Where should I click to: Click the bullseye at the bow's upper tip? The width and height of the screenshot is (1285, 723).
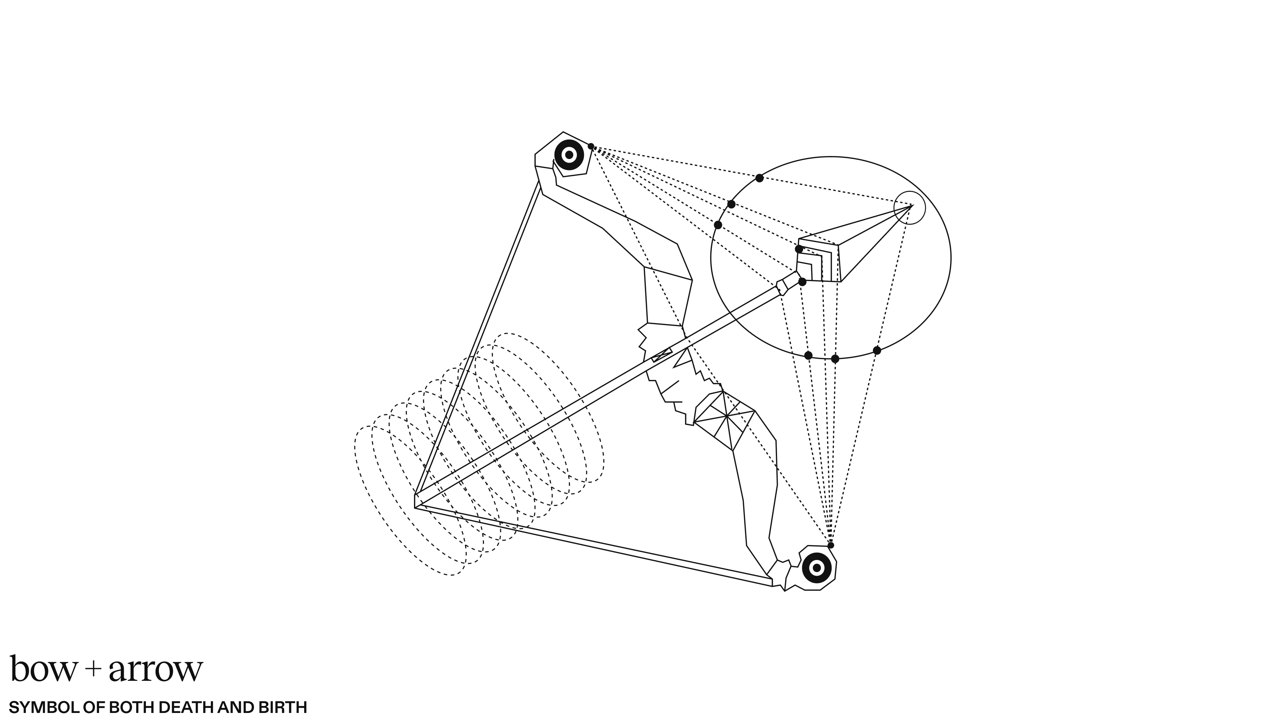569,155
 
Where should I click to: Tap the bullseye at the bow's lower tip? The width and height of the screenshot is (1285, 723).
817,567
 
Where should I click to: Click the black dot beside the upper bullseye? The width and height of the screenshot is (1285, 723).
591,146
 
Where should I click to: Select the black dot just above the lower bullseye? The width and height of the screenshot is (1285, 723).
831,545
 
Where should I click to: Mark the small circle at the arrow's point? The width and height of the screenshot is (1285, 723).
910,208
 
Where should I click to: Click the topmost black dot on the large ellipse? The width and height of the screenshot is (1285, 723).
759,178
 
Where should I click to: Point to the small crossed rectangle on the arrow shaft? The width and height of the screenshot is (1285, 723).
662,355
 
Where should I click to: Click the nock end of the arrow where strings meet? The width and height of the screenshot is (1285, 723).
416,501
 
